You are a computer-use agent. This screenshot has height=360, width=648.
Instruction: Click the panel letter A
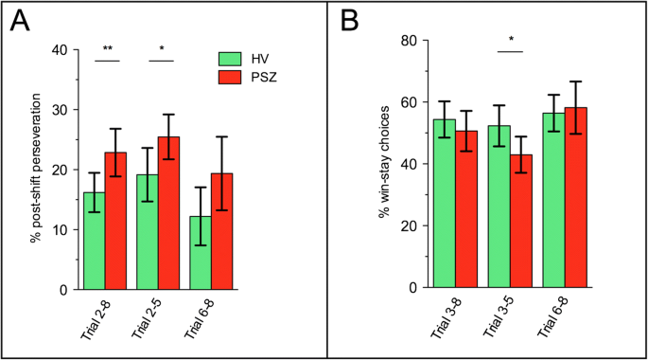point(20,21)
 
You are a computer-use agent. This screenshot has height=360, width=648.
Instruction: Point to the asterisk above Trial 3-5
point(511,41)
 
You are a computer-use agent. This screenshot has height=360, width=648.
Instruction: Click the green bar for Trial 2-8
point(95,242)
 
